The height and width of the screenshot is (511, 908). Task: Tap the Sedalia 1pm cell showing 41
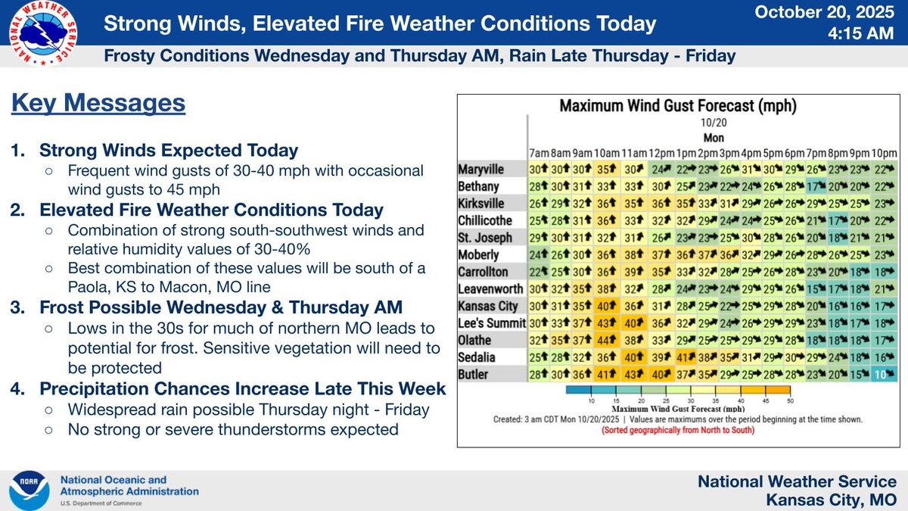(686, 357)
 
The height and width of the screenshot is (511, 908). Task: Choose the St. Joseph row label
(484, 237)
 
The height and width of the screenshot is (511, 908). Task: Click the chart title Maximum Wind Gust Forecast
(677, 106)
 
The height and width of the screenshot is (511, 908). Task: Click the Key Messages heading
(98, 102)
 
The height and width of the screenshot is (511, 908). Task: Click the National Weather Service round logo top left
(42, 36)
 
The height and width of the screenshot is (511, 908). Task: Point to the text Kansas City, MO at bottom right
(831, 499)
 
